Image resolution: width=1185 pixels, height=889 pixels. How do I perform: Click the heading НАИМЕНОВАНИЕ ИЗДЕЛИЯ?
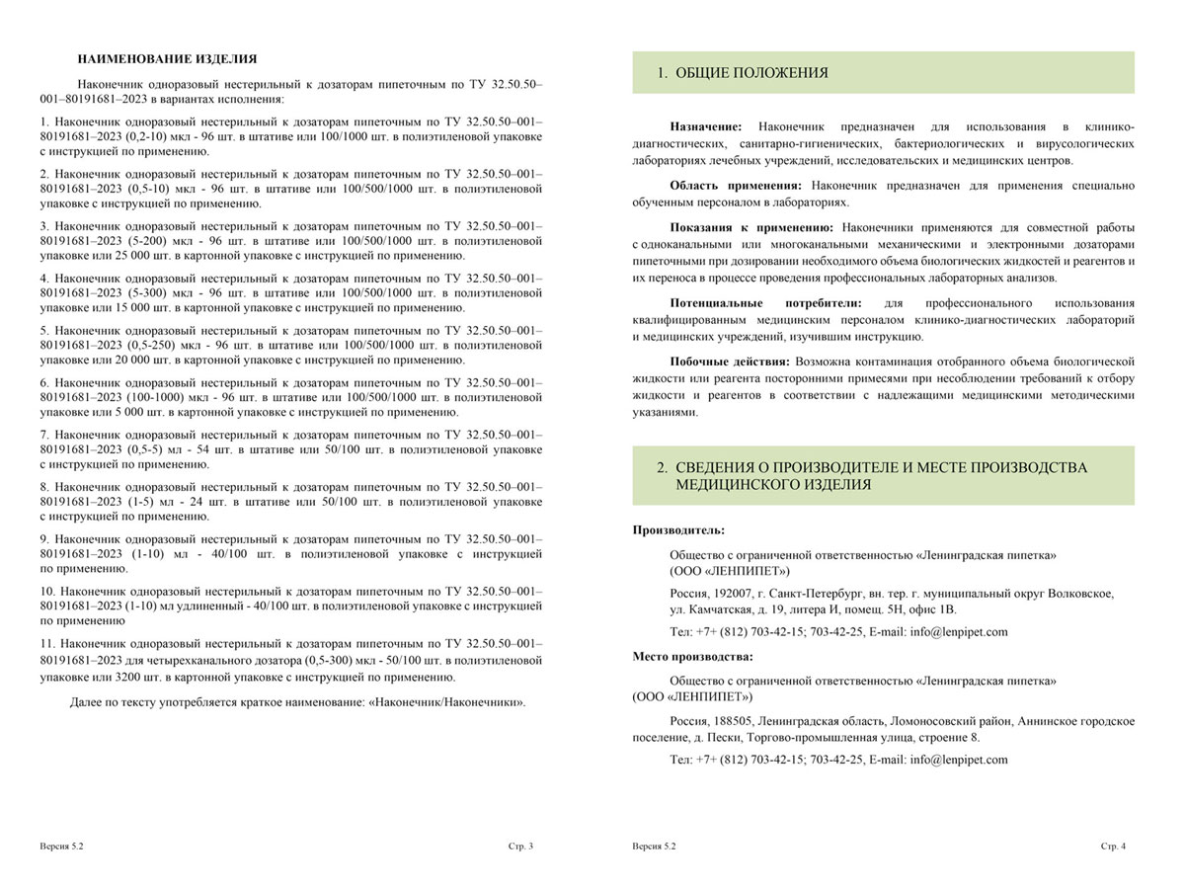pos(167,58)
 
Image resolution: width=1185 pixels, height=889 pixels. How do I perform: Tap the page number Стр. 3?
pos(520,848)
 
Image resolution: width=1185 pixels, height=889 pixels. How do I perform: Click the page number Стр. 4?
pos(1114,848)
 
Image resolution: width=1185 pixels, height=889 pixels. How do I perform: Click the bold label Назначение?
pos(706,126)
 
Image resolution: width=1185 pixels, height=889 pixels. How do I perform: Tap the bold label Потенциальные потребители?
pos(765,302)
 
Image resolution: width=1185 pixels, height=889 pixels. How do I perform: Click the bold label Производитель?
pos(678,530)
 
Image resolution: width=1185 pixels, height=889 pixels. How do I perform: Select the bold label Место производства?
pos(692,656)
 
